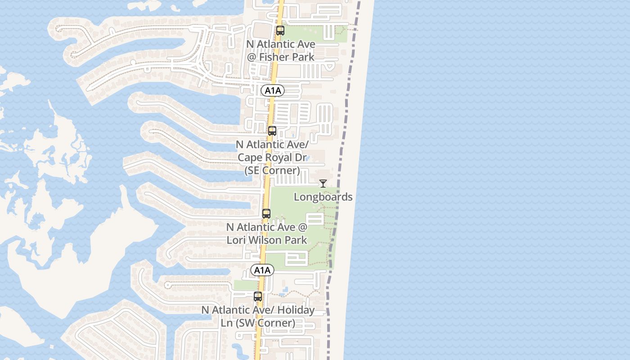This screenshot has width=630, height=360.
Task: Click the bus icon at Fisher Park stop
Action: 280,31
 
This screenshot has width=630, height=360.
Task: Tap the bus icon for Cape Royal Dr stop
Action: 272,131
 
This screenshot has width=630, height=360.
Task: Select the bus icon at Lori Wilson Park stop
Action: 266,214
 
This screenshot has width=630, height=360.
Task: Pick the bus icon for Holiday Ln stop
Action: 258,297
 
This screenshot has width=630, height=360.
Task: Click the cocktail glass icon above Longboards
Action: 323,184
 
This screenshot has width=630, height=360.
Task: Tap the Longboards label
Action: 323,197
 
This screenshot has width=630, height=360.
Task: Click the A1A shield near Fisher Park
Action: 273,90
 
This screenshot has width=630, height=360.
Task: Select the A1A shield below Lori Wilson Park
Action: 262,270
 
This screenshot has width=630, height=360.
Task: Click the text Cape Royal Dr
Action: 272,157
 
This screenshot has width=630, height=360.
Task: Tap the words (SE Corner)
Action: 272,171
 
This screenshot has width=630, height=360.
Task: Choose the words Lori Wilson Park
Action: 267,240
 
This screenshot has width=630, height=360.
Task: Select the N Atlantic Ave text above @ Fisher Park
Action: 281,44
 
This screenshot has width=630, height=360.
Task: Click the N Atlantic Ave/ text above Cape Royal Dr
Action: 272,144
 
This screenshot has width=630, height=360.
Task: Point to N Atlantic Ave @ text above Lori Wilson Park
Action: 267,227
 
